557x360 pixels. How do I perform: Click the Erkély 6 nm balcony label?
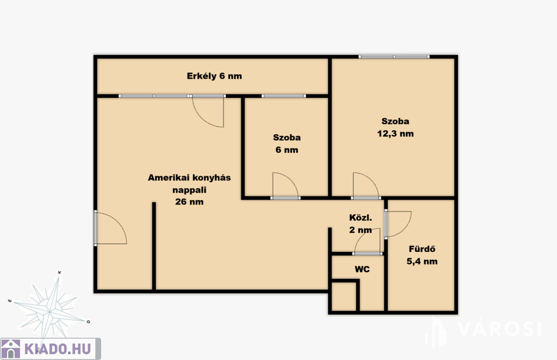214,76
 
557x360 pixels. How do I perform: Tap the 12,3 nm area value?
395,134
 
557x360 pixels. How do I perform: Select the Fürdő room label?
422,249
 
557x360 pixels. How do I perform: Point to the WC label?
362,269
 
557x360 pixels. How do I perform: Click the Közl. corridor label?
361,218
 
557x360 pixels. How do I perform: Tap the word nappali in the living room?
189,190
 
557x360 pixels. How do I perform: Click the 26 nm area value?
189,202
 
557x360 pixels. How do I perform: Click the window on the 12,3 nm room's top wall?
394,57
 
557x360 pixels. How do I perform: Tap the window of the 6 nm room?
284,96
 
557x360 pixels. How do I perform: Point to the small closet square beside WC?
344,296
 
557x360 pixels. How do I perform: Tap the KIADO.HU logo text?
58,349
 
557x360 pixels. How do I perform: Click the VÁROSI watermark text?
499,329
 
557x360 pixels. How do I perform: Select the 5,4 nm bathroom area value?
422,262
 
